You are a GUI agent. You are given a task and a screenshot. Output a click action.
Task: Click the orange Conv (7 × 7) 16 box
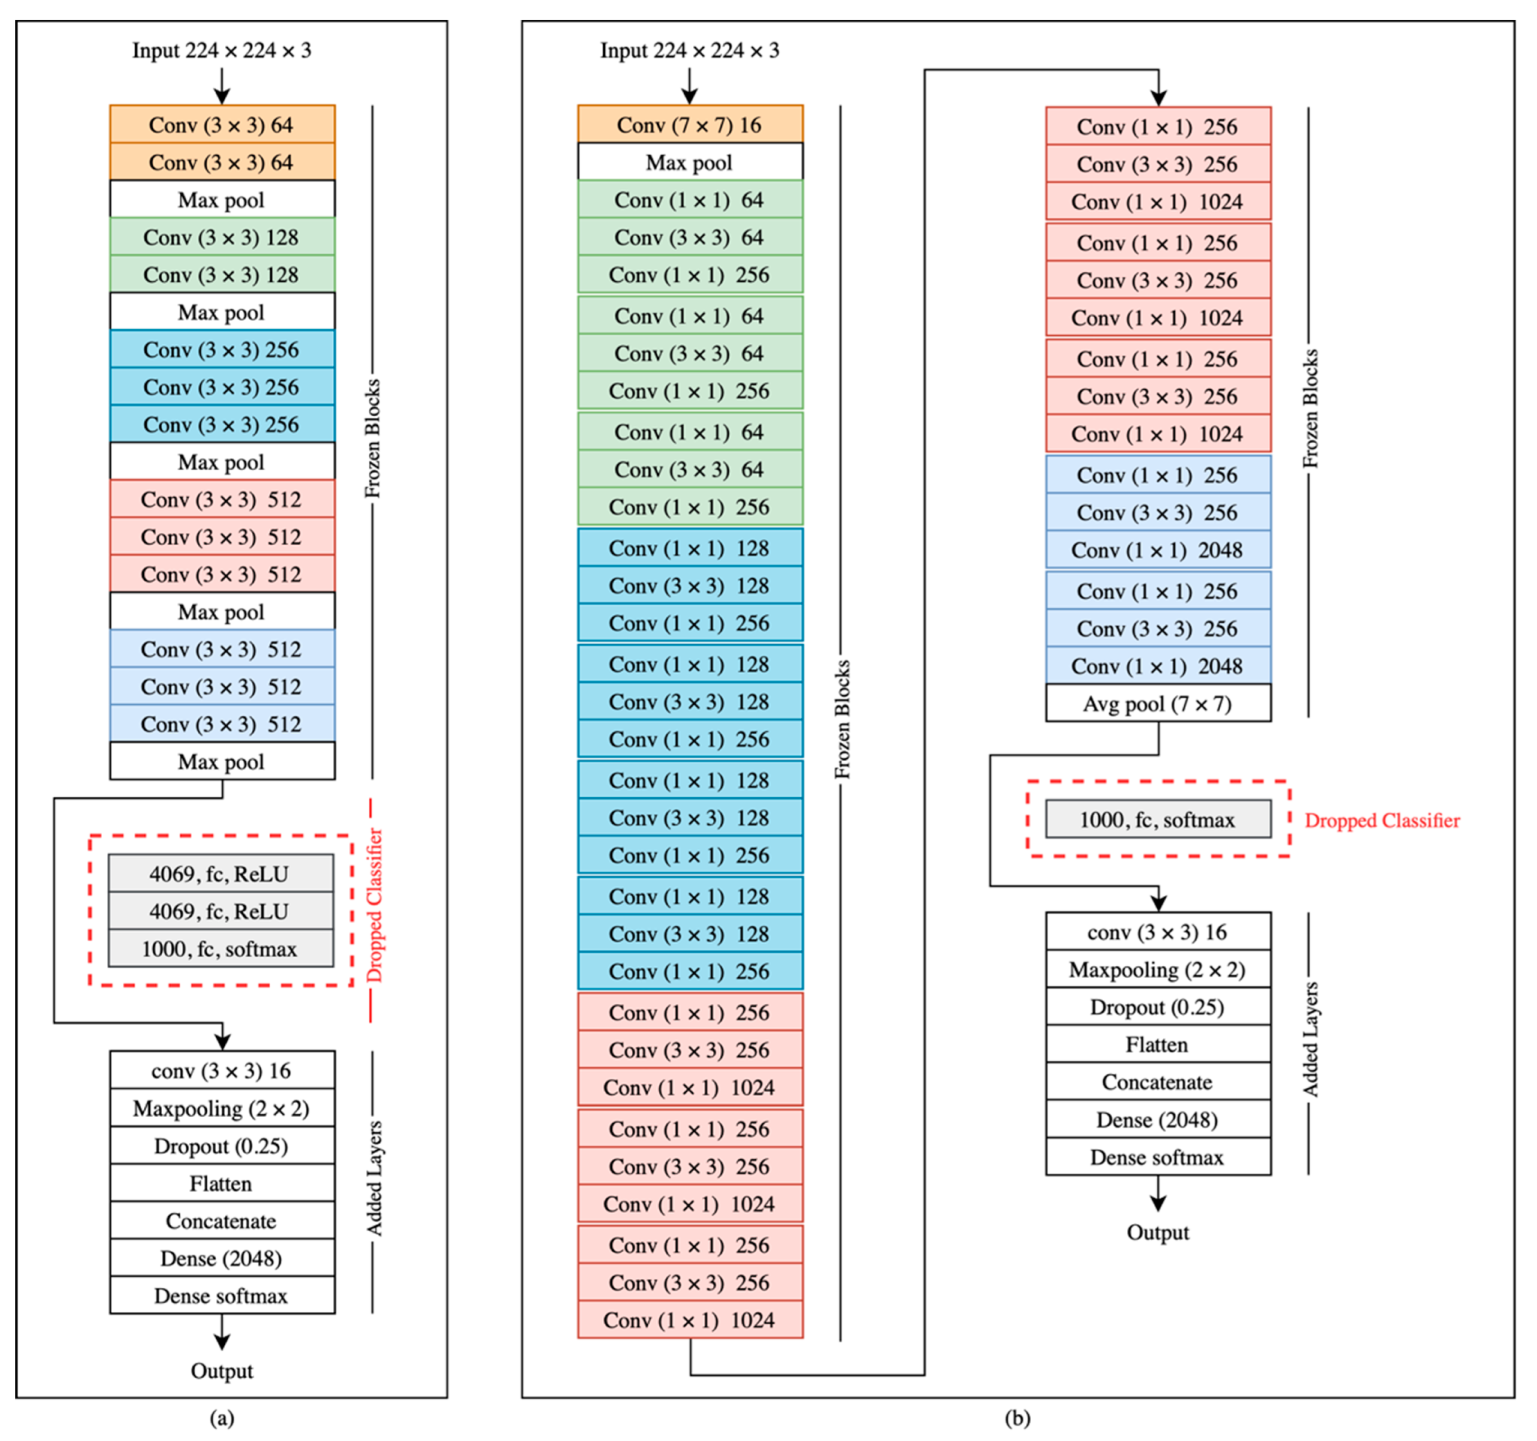(x=690, y=124)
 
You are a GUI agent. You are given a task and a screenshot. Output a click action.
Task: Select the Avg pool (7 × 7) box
(x=1157, y=704)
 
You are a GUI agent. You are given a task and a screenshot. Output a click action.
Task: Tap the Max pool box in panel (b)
(x=690, y=163)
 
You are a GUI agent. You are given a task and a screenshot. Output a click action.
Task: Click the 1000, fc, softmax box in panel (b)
(x=1157, y=819)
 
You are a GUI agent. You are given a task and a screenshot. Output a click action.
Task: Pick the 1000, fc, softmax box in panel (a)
(x=221, y=948)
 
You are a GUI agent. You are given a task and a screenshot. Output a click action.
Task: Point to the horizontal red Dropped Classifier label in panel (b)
(x=1382, y=820)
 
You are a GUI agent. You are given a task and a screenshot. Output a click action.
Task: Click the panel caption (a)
(x=222, y=1418)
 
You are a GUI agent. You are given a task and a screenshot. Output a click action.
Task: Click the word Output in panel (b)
(x=1157, y=1232)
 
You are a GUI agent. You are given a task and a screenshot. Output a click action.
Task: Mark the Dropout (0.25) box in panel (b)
(x=1157, y=1007)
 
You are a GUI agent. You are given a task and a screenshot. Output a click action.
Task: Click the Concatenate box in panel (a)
(x=222, y=1221)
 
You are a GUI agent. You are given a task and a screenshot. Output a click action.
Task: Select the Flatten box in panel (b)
(x=1157, y=1044)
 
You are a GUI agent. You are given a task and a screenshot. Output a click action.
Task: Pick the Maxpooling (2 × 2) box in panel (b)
(x=1157, y=970)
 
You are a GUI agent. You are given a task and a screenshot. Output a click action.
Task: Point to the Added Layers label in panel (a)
(x=374, y=1177)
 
